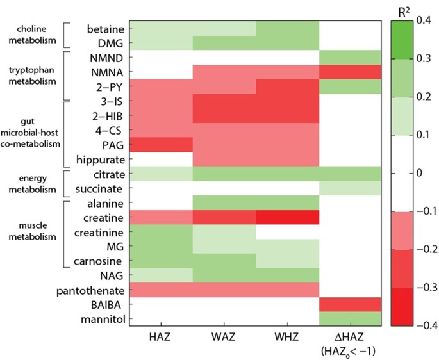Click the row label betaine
pyautogui.click(x=105, y=29)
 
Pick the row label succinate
pyautogui.click(x=103, y=189)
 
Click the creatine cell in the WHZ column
pyautogui.click(x=287, y=217)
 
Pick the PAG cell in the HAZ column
pyautogui.click(x=161, y=145)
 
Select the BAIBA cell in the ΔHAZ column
pyautogui.click(x=351, y=305)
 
